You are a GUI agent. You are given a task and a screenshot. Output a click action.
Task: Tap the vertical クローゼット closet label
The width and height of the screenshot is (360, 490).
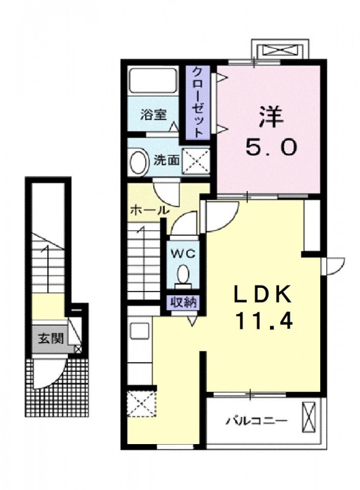[x=198, y=100]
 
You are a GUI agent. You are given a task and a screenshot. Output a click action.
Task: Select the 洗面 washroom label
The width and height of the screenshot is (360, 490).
[x=167, y=161]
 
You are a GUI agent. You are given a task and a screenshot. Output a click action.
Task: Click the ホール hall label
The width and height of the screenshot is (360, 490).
[x=149, y=210]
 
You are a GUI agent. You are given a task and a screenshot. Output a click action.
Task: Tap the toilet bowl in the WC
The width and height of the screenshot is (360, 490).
[x=183, y=273]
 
